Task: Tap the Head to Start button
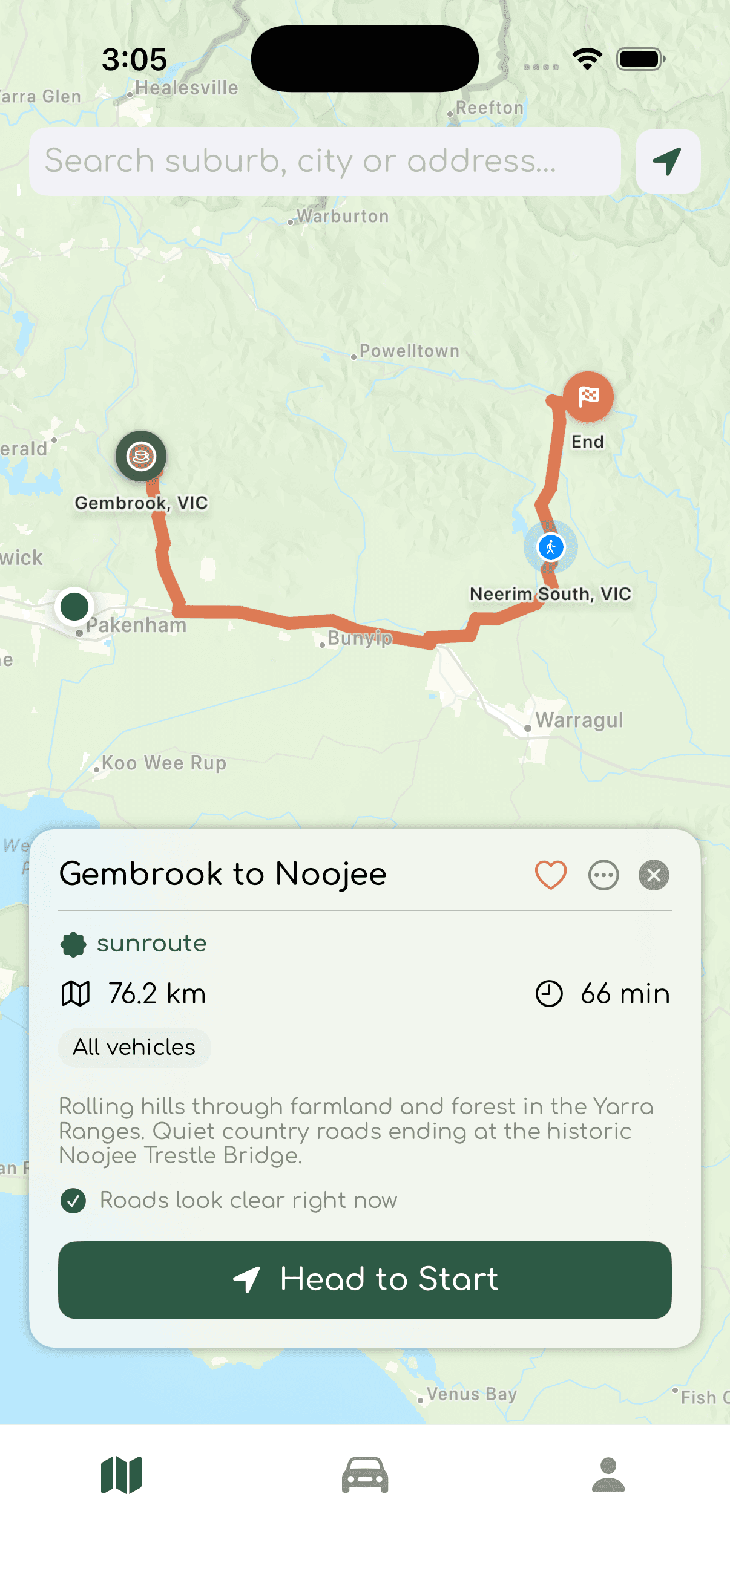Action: [364, 1279]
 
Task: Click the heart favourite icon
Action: [550, 874]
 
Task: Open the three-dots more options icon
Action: [603, 874]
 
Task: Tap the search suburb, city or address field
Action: [324, 162]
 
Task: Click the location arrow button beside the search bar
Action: [668, 162]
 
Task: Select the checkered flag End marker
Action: [588, 397]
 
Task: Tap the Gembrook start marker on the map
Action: [141, 456]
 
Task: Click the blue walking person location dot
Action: [551, 547]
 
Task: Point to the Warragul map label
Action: [579, 720]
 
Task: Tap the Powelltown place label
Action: [409, 351]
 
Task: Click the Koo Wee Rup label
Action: [164, 763]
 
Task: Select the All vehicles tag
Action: [134, 1047]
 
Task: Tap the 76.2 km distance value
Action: [157, 994]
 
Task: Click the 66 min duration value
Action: [624, 994]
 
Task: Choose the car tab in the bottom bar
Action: [364, 1475]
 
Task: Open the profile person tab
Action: [608, 1475]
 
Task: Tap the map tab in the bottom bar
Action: [121, 1475]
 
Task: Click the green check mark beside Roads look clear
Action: [73, 1200]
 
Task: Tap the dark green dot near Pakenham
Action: [74, 607]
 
